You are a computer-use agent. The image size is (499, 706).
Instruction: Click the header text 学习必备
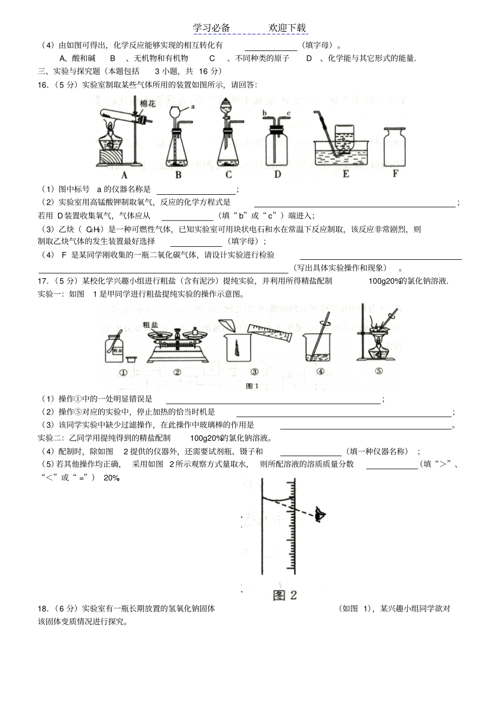(x=211, y=28)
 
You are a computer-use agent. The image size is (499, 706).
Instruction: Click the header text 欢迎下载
(x=287, y=28)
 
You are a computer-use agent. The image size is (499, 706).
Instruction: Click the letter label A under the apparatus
(x=124, y=175)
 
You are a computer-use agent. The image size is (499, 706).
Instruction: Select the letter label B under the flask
(x=178, y=175)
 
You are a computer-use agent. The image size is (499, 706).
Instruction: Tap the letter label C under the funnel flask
(x=228, y=175)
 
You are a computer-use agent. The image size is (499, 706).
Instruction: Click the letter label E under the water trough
(x=346, y=174)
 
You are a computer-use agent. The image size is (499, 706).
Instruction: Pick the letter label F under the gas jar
(x=395, y=173)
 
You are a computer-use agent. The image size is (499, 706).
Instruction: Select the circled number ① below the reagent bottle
(x=123, y=373)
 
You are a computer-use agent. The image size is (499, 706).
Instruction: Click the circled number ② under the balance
(x=177, y=373)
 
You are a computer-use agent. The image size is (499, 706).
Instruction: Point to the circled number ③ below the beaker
(x=254, y=372)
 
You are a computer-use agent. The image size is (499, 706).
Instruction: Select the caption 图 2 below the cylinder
(x=285, y=595)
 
